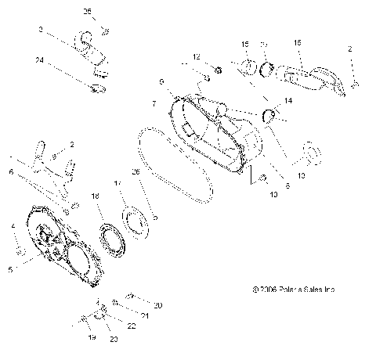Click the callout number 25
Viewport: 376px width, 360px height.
click(x=87, y=11)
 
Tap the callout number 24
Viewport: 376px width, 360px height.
click(x=38, y=59)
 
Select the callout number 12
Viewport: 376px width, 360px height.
click(x=197, y=56)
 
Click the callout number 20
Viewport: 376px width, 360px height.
click(x=157, y=304)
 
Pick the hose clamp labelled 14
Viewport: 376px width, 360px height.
click(x=273, y=117)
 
